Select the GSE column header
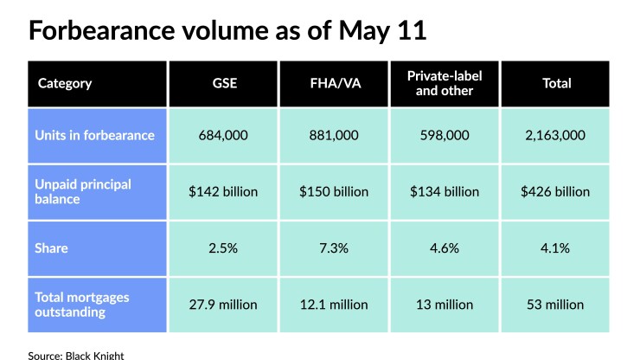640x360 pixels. point(223,84)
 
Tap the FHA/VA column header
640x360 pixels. point(334,84)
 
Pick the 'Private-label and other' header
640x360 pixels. point(445,84)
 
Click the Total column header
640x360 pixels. point(557,84)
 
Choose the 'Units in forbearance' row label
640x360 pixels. point(94,135)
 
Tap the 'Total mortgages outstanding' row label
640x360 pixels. point(82,304)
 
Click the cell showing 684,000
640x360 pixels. point(223,135)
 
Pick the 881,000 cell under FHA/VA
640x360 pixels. point(334,135)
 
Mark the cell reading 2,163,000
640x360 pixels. point(557,135)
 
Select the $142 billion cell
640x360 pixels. point(223,191)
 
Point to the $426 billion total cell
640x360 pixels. point(557,191)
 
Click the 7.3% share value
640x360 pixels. point(334,248)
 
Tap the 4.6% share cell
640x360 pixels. point(445,248)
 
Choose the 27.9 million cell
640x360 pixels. point(223,305)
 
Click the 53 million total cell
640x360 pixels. point(557,305)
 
